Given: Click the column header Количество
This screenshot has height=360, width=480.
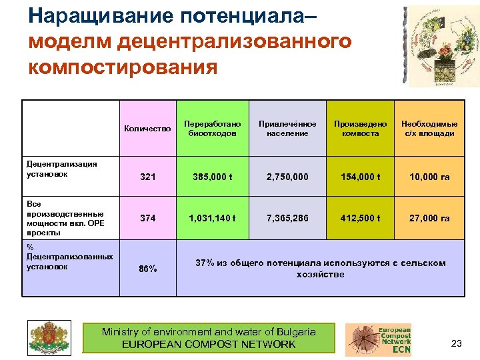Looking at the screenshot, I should [148, 129].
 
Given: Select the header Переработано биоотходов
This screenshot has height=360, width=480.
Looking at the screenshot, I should [211, 129].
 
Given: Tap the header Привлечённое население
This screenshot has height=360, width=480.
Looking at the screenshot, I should [287, 129].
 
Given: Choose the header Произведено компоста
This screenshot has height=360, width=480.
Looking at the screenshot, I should [360, 129].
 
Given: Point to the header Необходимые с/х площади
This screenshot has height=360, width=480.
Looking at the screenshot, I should [429, 129].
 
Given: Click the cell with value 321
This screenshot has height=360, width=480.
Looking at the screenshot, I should [148, 177].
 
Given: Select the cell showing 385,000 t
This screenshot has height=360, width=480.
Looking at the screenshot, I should [211, 177].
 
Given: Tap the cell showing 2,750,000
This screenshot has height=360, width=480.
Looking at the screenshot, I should [287, 177].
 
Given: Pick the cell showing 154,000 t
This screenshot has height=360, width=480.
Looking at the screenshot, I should [360, 177].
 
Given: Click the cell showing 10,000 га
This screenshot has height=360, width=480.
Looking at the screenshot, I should [429, 177].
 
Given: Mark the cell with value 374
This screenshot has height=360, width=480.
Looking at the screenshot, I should [148, 218].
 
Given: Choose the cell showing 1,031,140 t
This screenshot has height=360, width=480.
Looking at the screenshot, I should [211, 218].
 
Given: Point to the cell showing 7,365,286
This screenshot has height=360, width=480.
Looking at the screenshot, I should [287, 218].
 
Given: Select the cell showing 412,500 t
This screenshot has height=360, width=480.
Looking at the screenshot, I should [360, 218].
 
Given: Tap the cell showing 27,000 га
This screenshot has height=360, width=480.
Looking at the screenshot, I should [429, 218].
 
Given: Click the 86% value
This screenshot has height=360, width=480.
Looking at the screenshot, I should [148, 269].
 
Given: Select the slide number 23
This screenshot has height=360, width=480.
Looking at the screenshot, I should [456, 343].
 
